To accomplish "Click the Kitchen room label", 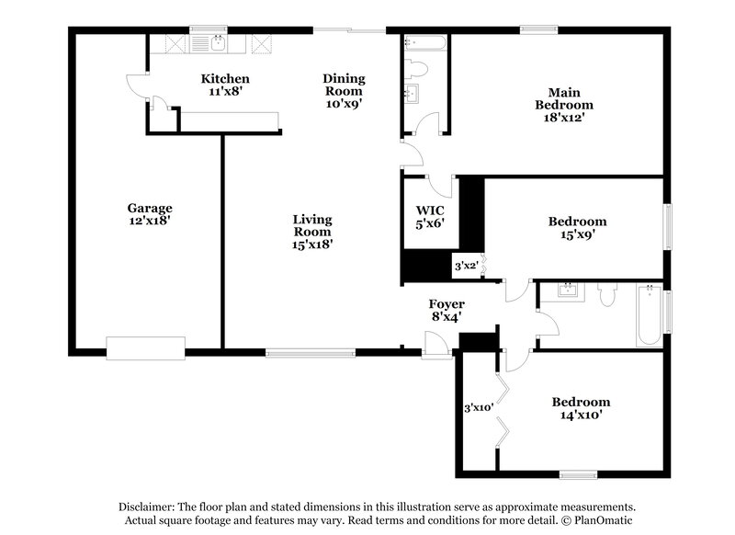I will tap(225, 79).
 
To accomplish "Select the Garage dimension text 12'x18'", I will tap(150, 222).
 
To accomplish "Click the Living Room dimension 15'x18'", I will tap(312, 245).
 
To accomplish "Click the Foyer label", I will tap(447, 304).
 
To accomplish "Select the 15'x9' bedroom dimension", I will tap(577, 234).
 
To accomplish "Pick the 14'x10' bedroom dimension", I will tap(581, 415).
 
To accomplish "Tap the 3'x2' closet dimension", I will tap(468, 267).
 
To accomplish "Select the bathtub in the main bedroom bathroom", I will tap(424, 42).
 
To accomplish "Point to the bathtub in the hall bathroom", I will tap(649, 314).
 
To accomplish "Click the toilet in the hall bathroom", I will tap(606, 295).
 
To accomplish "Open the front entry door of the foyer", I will tap(436, 347).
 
